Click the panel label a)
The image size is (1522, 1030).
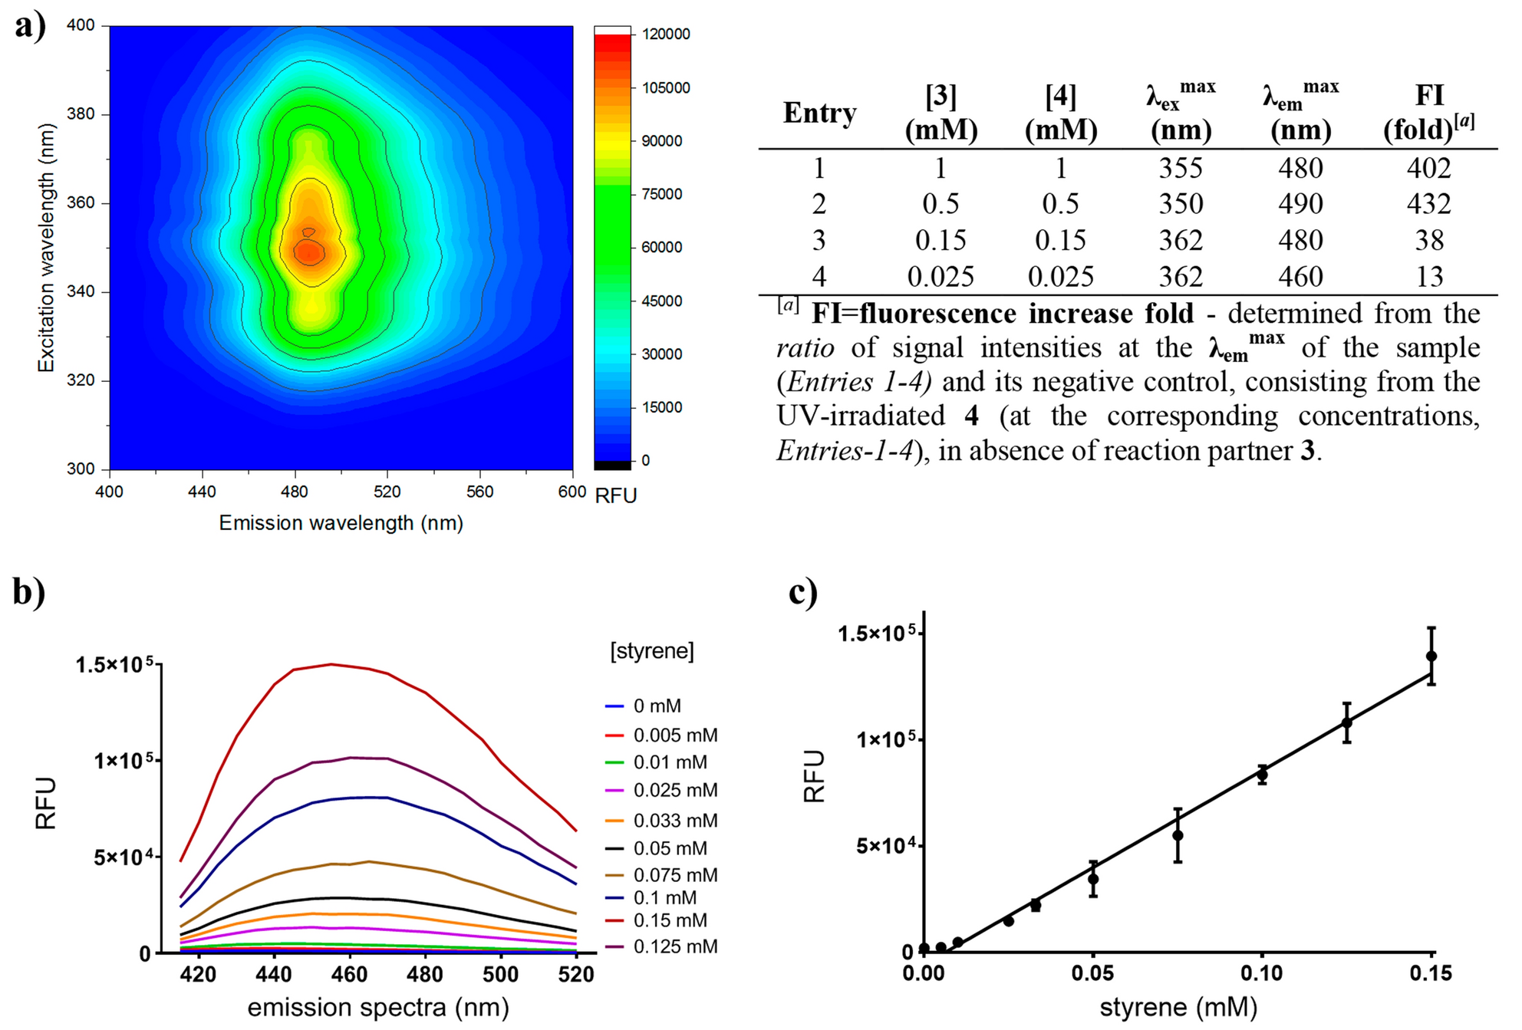tap(30, 27)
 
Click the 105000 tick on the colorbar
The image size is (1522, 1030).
tap(665, 87)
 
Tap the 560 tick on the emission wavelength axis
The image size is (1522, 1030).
tap(480, 492)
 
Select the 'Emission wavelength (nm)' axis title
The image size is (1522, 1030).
tap(341, 523)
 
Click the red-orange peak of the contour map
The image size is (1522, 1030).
tap(309, 251)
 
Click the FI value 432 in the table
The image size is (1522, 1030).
tap(1428, 204)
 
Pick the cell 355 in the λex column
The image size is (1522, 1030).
tap(1180, 168)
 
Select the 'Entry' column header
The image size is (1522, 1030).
tap(819, 113)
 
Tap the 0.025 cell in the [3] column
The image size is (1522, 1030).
tap(941, 277)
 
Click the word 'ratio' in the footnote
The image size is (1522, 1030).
tap(805, 348)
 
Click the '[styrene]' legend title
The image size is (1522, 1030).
tap(652, 651)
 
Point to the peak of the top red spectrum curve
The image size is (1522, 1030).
tap(331, 664)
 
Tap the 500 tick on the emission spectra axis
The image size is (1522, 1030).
tap(500, 975)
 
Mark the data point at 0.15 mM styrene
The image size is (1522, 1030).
tap(1431, 656)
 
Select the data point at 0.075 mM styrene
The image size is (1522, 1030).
tap(1178, 835)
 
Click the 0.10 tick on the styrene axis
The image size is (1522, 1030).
tap(1261, 973)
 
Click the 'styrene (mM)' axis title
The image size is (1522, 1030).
tap(1178, 1007)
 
